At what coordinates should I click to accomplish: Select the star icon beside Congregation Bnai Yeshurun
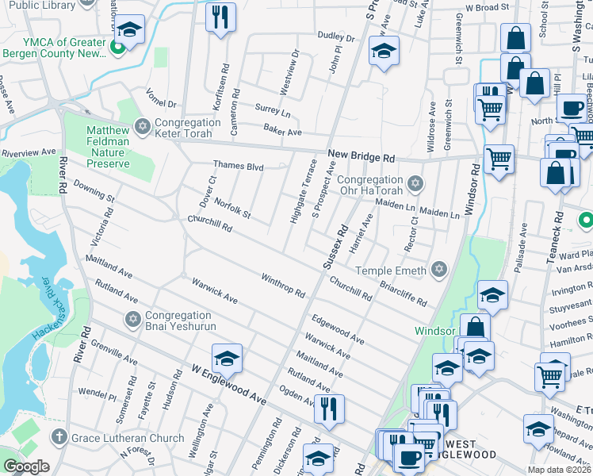coord(132,319)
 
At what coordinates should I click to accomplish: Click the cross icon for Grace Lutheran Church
coord(59,437)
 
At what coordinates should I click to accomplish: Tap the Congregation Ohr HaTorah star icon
coord(414,185)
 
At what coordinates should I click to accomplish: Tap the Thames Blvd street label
coord(237,166)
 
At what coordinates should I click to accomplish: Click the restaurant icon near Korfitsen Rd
coord(220,17)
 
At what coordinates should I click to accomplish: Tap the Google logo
coord(26,466)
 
